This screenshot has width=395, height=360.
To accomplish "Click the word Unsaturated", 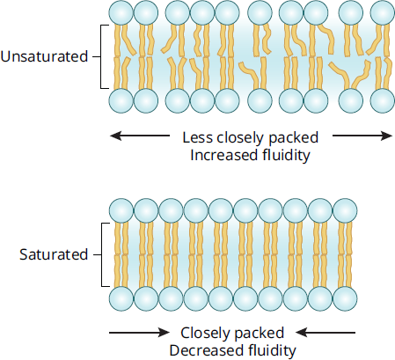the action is (x=44, y=56).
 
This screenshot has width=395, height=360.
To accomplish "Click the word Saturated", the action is (x=54, y=254).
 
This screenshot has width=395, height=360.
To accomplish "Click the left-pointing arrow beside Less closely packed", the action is (x=140, y=136).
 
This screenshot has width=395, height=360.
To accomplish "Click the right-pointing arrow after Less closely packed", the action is (x=362, y=136).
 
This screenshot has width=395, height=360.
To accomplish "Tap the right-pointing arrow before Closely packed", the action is (x=139, y=333).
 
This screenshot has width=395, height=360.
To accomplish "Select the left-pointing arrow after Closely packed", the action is (x=326, y=333).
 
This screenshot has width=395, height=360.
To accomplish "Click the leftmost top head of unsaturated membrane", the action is (x=121, y=12).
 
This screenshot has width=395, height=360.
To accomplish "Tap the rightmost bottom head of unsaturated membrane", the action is (x=383, y=100).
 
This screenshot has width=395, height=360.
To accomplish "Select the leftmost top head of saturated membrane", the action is (x=121, y=210).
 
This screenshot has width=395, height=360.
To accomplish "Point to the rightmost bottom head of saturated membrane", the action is (x=345, y=298).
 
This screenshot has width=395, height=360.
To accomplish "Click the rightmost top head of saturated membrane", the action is (x=345, y=210).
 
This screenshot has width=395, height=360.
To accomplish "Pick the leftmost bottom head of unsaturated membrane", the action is (x=121, y=100).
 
